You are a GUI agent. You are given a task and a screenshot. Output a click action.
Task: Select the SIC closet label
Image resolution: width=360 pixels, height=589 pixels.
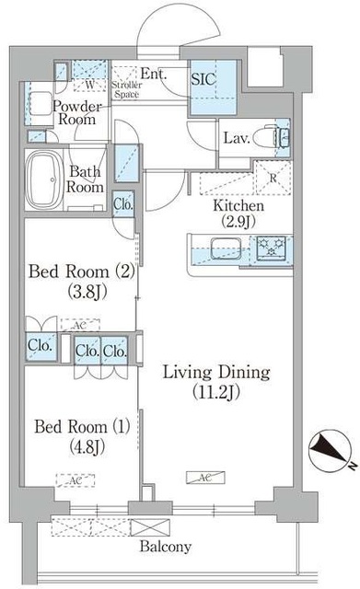[x=203, y=79]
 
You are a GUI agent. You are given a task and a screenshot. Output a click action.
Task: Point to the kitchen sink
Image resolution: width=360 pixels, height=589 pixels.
[x=223, y=248]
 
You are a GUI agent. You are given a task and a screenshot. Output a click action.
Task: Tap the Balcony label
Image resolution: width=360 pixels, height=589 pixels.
[x=166, y=547]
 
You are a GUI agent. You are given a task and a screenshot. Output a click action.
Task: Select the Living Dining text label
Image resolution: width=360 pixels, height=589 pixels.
[x=216, y=373]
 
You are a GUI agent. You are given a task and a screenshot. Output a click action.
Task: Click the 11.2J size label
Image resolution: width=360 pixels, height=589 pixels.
[x=216, y=395]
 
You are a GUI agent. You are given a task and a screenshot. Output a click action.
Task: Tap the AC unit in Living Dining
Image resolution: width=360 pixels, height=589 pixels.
[x=203, y=477]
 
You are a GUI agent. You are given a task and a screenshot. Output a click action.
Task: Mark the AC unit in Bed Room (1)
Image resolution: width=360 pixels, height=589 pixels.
[x=70, y=480]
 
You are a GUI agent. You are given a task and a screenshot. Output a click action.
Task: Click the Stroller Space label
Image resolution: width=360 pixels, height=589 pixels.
[x=127, y=89]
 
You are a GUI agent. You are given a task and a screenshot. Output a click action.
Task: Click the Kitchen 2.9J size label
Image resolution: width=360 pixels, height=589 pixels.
[x=238, y=221]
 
